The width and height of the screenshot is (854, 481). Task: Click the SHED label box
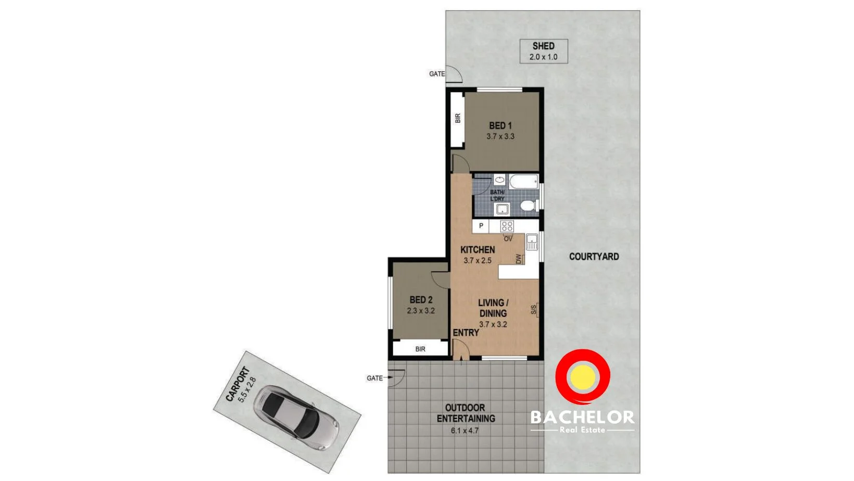(543, 51)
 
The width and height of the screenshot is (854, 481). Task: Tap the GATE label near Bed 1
(436, 74)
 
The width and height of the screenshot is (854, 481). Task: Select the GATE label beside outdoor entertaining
(374, 378)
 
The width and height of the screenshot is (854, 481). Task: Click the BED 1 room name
(500, 125)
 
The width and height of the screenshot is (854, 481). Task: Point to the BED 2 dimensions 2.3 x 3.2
(421, 311)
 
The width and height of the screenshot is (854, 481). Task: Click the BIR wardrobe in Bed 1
(458, 119)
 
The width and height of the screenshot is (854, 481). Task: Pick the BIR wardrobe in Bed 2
(420, 349)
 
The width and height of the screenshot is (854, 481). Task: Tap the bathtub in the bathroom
(523, 182)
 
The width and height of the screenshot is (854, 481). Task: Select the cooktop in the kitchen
(507, 226)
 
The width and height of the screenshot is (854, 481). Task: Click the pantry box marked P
(481, 226)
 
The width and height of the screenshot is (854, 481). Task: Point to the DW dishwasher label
(519, 259)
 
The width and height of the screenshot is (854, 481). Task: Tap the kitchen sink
(532, 242)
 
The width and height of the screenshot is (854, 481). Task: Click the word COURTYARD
(594, 257)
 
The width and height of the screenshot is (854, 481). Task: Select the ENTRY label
(466, 333)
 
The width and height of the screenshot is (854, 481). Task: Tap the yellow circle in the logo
(582, 377)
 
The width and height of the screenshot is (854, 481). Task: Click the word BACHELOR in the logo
(582, 417)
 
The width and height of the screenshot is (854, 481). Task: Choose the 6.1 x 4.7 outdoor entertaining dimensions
(464, 431)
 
